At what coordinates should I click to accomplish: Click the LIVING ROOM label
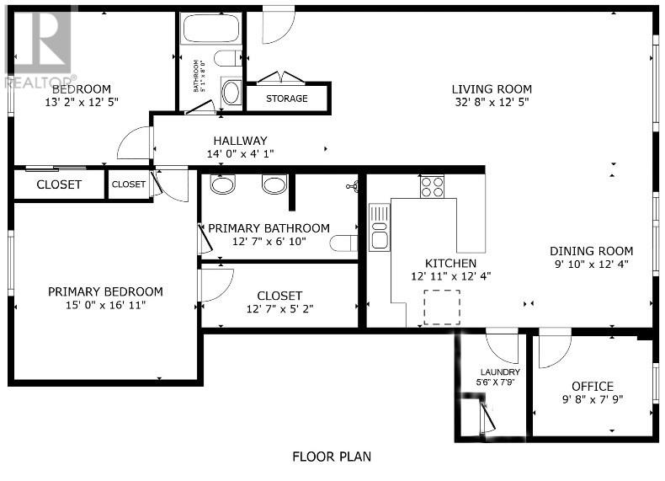(x=492, y=89)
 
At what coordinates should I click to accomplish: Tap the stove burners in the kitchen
(x=432, y=186)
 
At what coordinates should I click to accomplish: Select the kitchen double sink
(x=379, y=227)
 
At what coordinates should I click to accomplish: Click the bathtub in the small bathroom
(x=210, y=30)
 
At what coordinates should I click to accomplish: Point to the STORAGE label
(x=287, y=99)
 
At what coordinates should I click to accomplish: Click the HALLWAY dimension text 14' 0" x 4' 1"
(x=240, y=154)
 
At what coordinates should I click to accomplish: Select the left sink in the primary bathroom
(x=222, y=184)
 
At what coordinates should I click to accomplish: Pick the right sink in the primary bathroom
(x=274, y=184)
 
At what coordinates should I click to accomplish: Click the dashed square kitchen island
(x=442, y=307)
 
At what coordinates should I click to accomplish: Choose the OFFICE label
(x=593, y=386)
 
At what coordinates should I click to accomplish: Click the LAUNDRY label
(x=500, y=371)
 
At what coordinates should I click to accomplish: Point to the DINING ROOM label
(x=591, y=251)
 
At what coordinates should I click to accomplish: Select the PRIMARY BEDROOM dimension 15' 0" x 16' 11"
(x=105, y=305)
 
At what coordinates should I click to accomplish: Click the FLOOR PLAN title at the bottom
(x=332, y=457)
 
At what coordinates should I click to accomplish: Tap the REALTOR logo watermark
(x=38, y=46)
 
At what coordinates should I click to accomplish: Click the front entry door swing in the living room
(x=279, y=26)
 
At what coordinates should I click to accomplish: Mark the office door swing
(x=554, y=350)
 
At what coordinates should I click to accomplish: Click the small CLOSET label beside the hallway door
(x=129, y=184)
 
